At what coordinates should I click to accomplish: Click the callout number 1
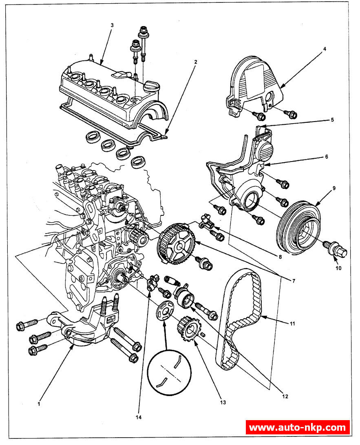39,404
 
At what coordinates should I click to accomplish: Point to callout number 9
333,188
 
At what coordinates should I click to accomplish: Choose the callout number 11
292,324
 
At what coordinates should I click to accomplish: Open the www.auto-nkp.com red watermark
298,427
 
